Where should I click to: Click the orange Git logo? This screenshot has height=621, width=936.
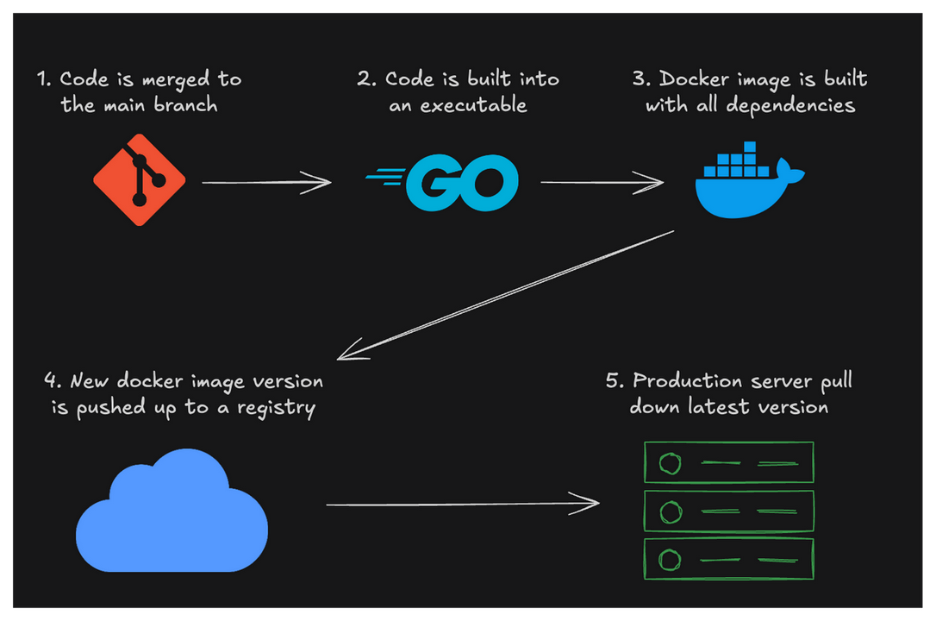click(x=139, y=179)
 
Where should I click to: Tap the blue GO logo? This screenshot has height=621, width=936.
click(x=443, y=182)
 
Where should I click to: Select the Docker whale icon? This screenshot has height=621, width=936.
click(x=749, y=179)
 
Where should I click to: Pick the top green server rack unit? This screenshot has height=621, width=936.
click(x=729, y=462)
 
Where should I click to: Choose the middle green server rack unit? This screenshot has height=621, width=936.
click(x=729, y=511)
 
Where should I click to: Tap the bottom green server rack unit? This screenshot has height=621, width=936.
click(x=729, y=559)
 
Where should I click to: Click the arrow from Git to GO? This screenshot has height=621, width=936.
click(x=267, y=182)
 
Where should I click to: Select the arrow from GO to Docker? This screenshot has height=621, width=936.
click(x=602, y=182)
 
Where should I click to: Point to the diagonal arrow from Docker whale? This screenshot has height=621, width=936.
click(x=506, y=296)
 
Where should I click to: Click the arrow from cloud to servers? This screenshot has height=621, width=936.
click(x=463, y=504)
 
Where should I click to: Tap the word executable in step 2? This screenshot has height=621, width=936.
click(x=473, y=105)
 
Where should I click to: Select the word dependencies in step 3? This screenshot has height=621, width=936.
click(x=790, y=106)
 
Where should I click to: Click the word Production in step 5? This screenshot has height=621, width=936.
click(x=688, y=380)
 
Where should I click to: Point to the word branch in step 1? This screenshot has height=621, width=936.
click(x=185, y=105)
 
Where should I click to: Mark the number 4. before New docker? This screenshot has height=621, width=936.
click(x=53, y=380)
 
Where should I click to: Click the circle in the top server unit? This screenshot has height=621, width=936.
click(x=670, y=463)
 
